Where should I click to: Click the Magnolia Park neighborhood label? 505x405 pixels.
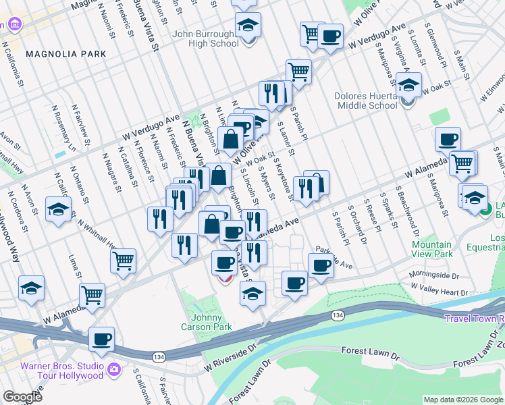pos(66,53)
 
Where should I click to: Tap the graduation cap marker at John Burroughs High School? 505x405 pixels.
pos(248,26)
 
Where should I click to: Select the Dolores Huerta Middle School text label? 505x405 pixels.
pos(365,101)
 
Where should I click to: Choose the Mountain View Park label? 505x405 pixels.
pos(432,249)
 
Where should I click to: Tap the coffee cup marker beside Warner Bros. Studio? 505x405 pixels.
pos(101,340)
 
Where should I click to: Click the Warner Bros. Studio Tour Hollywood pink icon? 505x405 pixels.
pos(113,369)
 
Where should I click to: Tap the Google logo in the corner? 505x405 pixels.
pos(22,397)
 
